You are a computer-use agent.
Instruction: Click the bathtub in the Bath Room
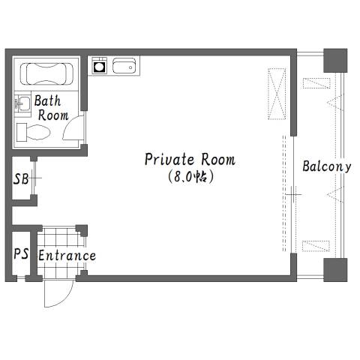pyautogui.click(x=46, y=73)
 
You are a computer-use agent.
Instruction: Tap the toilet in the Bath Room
pyautogui.click(x=33, y=133)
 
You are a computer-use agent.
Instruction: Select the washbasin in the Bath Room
pyautogui.click(x=22, y=103)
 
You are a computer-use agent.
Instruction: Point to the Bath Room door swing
pyautogui.click(x=73, y=127)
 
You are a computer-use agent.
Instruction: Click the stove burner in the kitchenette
pyautogui.click(x=99, y=67)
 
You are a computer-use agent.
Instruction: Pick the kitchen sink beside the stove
pyautogui.click(x=124, y=66)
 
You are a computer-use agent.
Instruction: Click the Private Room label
pyautogui.click(x=190, y=159)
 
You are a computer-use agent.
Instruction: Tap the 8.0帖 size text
pyautogui.click(x=190, y=177)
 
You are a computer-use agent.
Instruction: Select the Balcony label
pyautogui.click(x=327, y=166)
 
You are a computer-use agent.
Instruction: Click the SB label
pyautogui.click(x=21, y=178)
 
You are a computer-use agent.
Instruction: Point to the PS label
pyautogui.click(x=21, y=253)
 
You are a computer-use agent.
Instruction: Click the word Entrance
pyautogui.click(x=67, y=256)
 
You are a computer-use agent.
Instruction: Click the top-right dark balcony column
pyautogui.click(x=335, y=61)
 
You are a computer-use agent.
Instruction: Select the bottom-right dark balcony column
pyautogui.click(x=335, y=270)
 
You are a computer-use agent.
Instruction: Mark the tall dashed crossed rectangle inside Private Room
pyautogui.click(x=277, y=94)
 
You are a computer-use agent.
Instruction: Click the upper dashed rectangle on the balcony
pyautogui.click(x=316, y=83)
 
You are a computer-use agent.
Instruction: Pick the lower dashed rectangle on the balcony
pyautogui.click(x=316, y=246)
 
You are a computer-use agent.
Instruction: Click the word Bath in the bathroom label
pyautogui.click(x=47, y=100)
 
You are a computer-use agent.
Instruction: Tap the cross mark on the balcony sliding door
pyautogui.click(x=293, y=194)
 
